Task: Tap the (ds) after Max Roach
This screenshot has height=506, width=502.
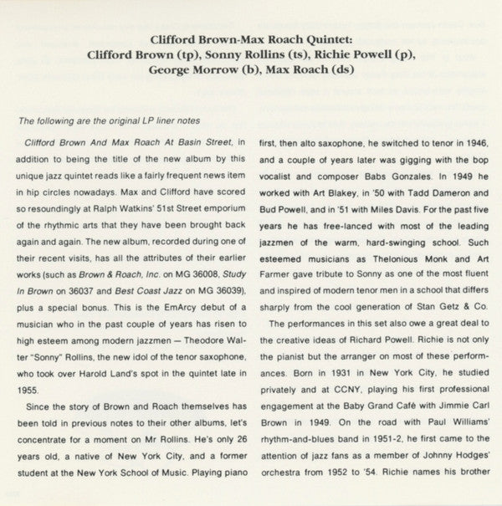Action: coord(346,70)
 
